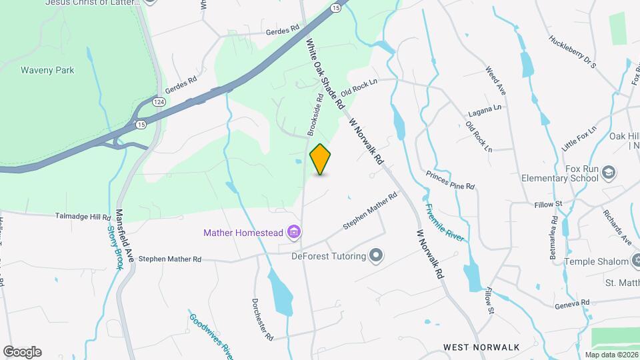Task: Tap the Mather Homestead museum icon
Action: click(x=293, y=233)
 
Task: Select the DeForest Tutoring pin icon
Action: click(x=377, y=256)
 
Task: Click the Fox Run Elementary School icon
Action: click(x=608, y=173)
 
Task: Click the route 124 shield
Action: click(x=158, y=101)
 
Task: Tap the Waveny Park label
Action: click(x=47, y=70)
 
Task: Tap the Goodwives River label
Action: click(x=210, y=333)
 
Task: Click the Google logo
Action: click(x=23, y=352)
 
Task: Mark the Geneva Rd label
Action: click(x=572, y=303)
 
